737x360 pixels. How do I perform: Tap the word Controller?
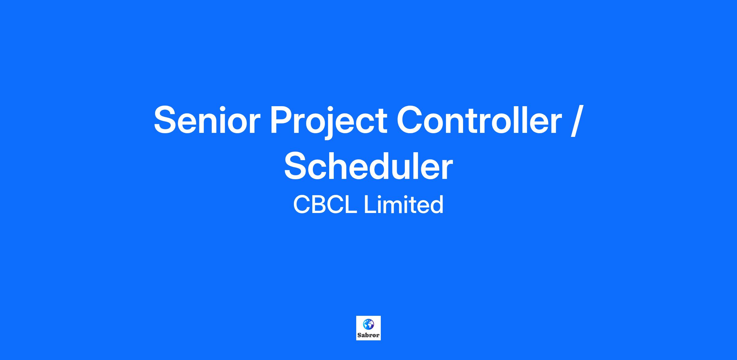pos(479,120)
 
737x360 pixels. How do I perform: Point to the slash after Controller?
pos(576,120)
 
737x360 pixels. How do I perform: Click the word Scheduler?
pos(368,166)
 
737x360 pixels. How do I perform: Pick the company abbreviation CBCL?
pos(325,205)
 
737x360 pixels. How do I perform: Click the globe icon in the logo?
pos(368,324)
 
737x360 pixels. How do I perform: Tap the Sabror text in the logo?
pos(368,335)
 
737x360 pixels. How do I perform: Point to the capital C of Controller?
pos(411,120)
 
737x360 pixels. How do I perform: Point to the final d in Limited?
pos(436,205)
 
